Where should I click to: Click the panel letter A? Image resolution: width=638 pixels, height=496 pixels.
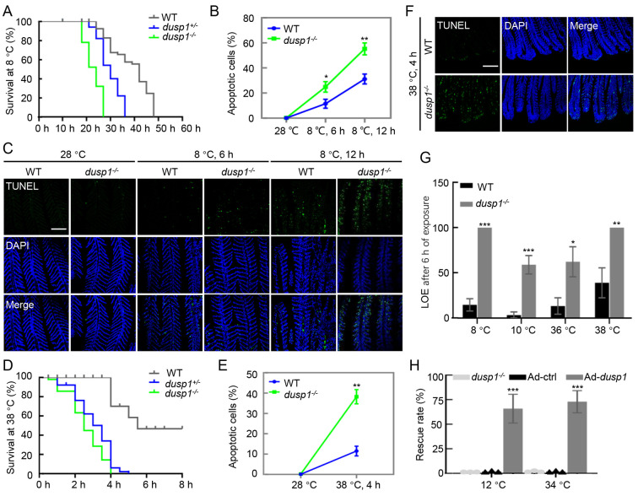pyautogui.click(x=8, y=8)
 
